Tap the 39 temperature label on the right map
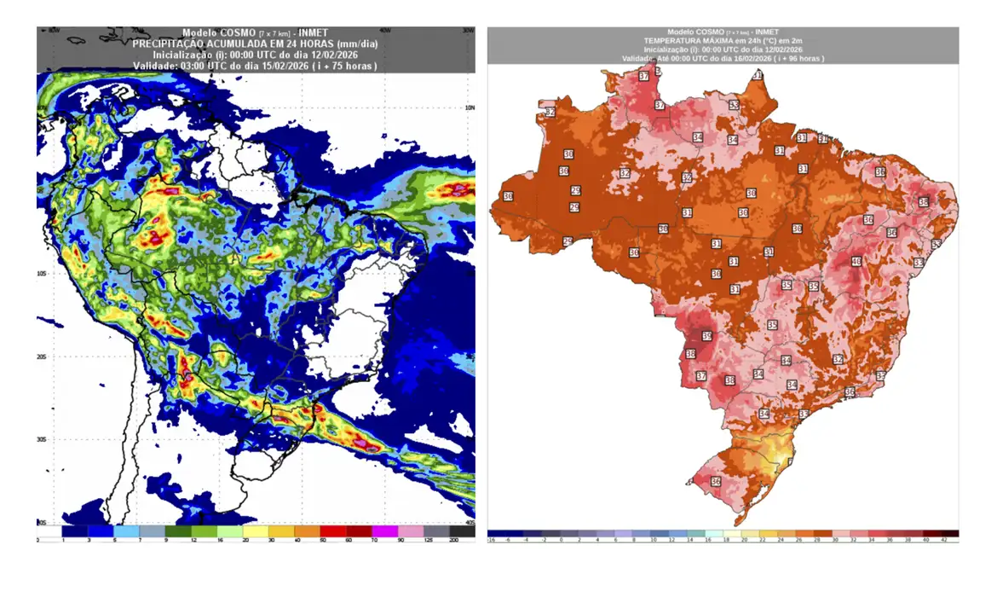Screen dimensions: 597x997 pyautogui.click(x=706, y=336)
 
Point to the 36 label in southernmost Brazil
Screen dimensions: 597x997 pyautogui.click(x=715, y=481)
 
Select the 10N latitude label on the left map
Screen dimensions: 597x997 pyautogui.click(x=468, y=107)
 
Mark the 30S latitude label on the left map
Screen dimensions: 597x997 pyautogui.click(x=41, y=439)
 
